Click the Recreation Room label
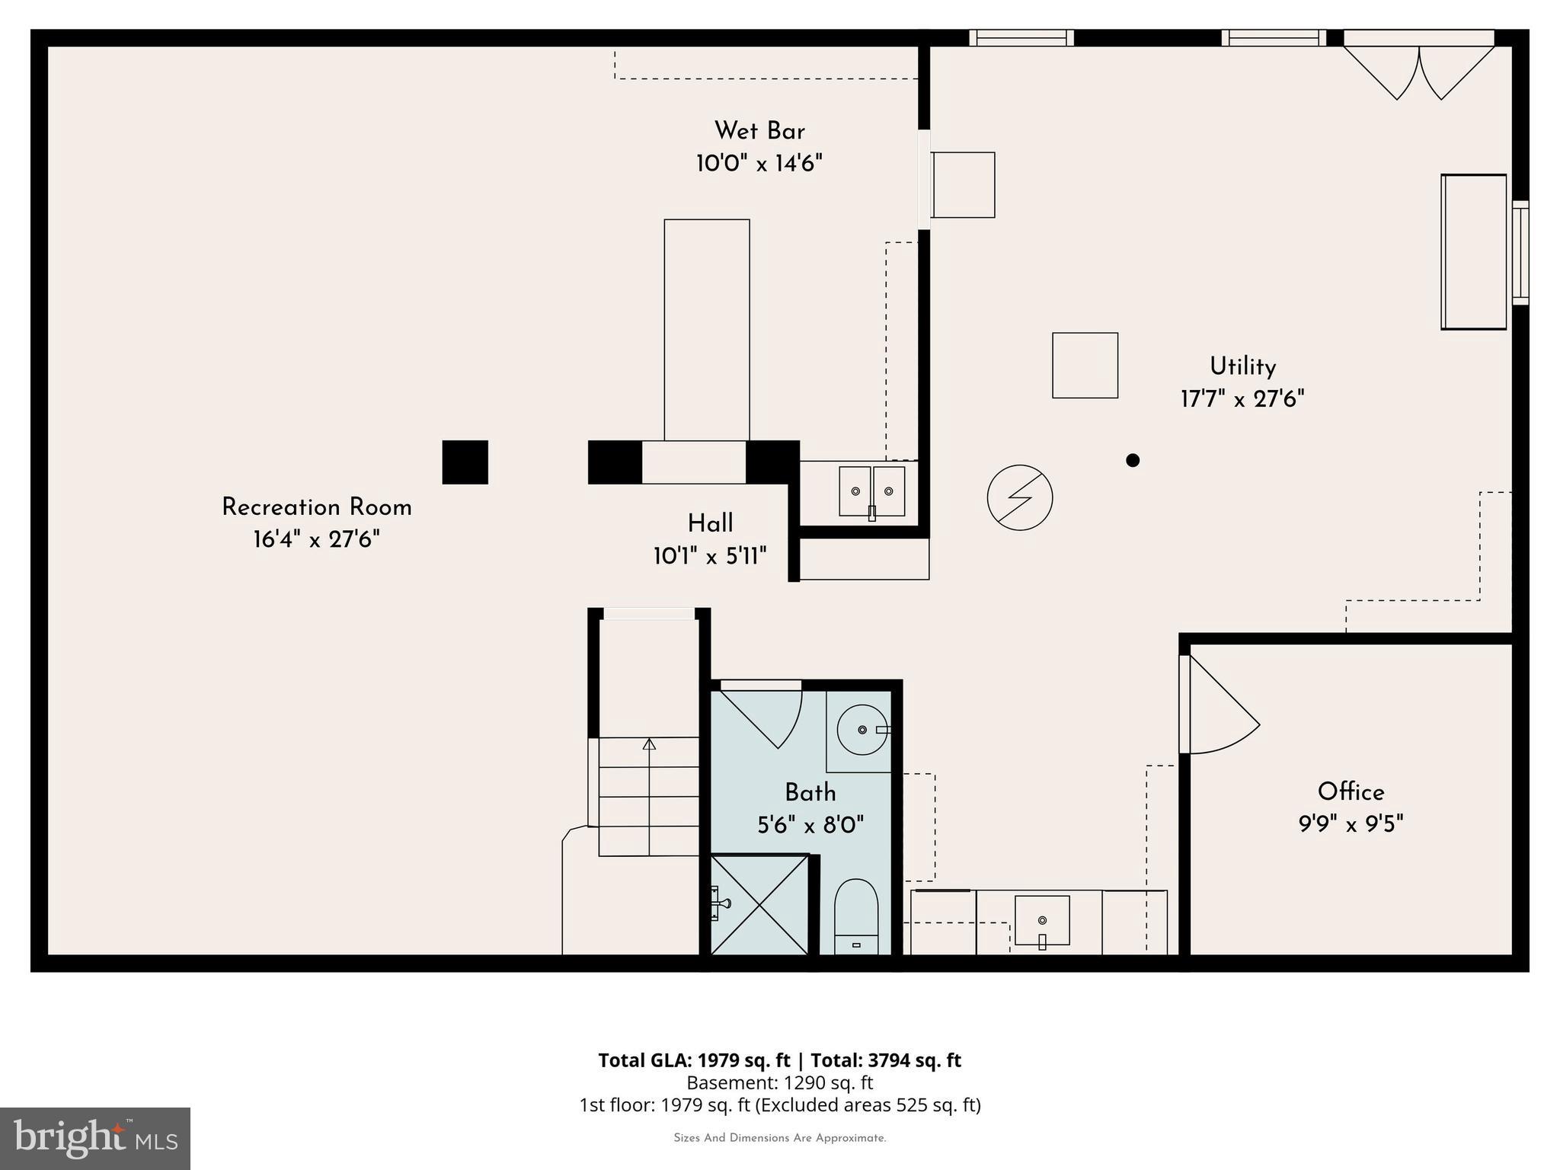[316, 507]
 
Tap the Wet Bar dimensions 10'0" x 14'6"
[759, 164]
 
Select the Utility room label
[1242, 366]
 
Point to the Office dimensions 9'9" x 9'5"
[1351, 824]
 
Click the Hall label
[710, 523]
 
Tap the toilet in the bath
[856, 918]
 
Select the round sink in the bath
[862, 730]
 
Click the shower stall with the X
[759, 904]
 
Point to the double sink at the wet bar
[871, 491]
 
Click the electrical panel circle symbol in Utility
[1019, 497]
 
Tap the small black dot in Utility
[1133, 460]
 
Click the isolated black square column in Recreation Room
[465, 462]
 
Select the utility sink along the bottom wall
[1042, 920]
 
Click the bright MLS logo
[95, 1138]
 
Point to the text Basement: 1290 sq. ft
[779, 1082]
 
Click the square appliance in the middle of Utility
[1085, 366]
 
